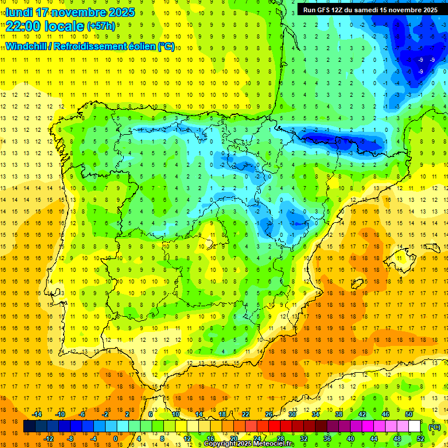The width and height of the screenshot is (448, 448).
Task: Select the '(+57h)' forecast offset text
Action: tap(101, 26)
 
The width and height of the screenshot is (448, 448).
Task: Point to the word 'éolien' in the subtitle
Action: tap(137, 46)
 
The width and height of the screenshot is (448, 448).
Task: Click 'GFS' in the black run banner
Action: tap(325, 10)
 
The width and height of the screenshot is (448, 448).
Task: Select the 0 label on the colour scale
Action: tap(115, 439)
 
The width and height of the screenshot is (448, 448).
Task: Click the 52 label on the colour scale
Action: tap(421, 439)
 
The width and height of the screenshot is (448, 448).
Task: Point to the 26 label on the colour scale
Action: tap(269, 414)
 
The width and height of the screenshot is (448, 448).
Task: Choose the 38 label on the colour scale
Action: tap(338, 414)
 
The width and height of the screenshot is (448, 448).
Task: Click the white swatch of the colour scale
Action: tap(414, 426)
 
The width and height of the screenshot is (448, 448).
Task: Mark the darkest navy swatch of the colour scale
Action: tap(29, 426)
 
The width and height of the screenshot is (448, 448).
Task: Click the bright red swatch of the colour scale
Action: tap(274, 426)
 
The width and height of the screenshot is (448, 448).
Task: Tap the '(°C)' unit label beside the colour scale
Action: tap(435, 426)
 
